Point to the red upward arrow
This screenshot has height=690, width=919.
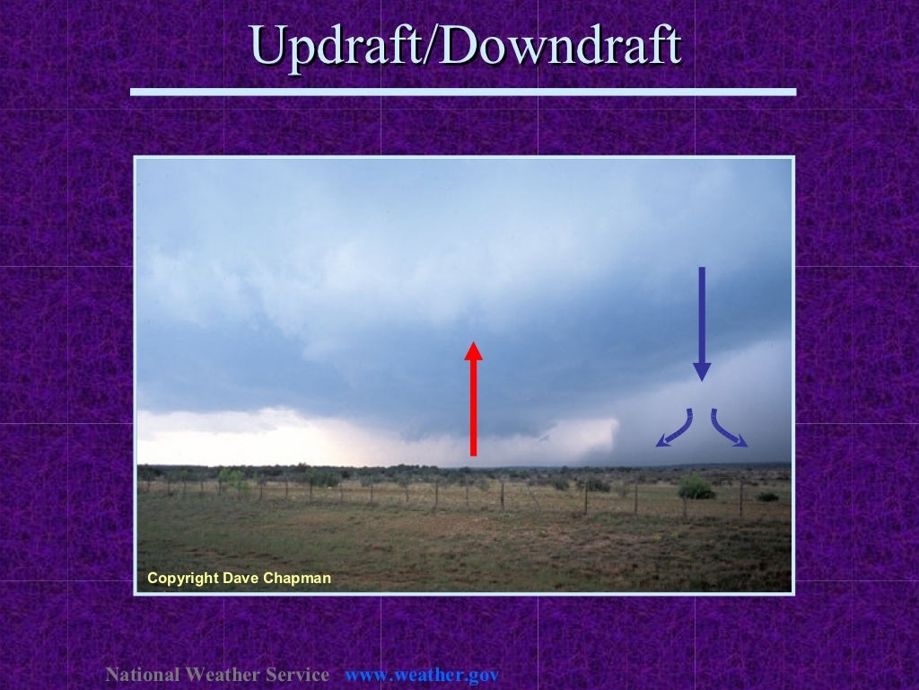tap(473, 400)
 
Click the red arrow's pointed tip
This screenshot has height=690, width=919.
tap(473, 344)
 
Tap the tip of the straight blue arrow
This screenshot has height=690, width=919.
tap(702, 377)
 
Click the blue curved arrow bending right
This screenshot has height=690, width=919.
tap(728, 429)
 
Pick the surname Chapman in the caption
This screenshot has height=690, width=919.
tap(297, 579)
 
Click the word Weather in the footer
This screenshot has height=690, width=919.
tap(218, 675)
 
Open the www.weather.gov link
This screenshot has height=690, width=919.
tap(422, 675)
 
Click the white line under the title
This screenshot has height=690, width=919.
tap(463, 92)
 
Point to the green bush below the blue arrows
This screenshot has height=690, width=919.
tap(696, 489)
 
